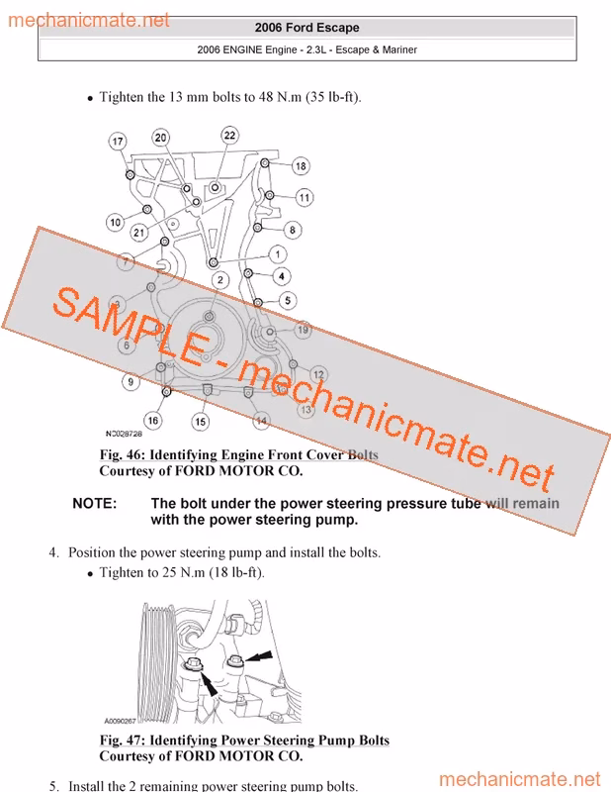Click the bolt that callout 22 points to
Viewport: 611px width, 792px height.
click(x=215, y=187)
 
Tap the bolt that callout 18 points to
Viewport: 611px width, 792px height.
click(x=264, y=162)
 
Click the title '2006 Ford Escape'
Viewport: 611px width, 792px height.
click(x=306, y=28)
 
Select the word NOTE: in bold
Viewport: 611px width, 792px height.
click(x=94, y=504)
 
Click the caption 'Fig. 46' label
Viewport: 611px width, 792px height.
click(x=122, y=454)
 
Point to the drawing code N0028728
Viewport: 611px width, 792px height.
click(x=124, y=434)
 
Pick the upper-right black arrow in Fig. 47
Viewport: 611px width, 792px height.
click(x=259, y=656)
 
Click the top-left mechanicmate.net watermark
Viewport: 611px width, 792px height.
click(x=89, y=20)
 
